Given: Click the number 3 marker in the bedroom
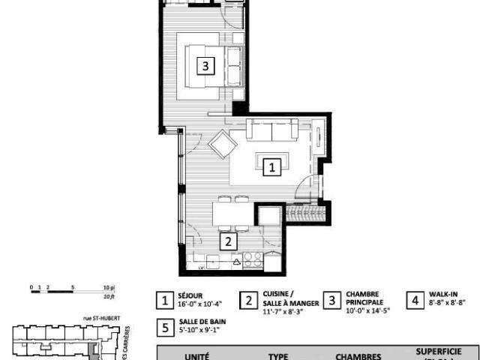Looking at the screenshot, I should (x=205, y=66).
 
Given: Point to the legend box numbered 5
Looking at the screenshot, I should (x=164, y=328).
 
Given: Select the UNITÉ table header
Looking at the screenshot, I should (x=196, y=357).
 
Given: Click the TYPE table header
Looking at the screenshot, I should (x=278, y=357).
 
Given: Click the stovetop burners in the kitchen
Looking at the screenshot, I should (x=253, y=260).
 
